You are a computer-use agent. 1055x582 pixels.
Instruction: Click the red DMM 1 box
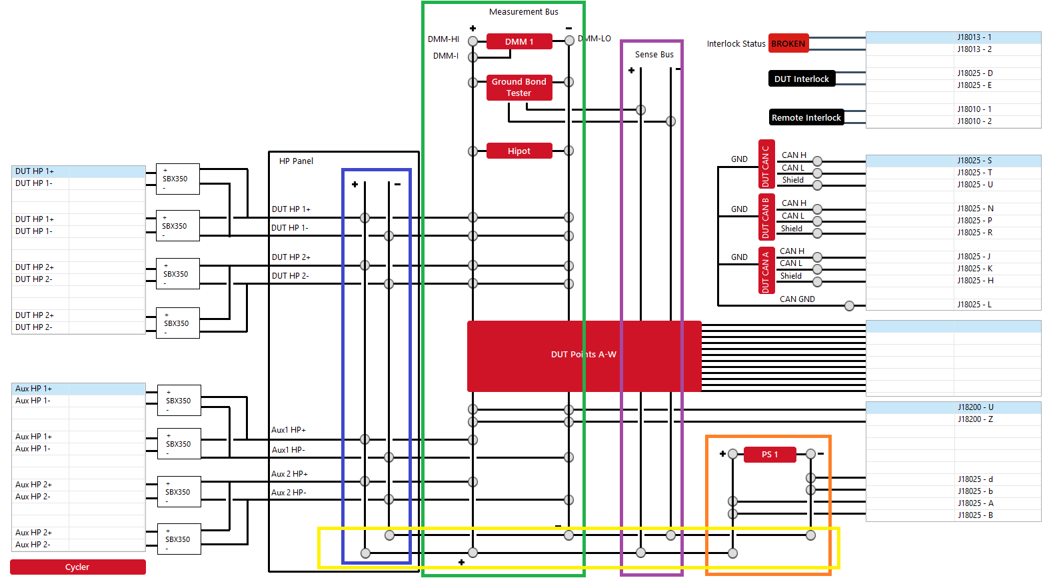(519, 41)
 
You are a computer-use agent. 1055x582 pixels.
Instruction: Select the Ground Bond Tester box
(519, 87)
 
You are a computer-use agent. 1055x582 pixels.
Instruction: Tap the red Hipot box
(519, 151)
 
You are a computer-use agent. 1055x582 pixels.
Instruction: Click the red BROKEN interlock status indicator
(788, 44)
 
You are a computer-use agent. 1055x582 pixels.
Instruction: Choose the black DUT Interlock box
(801, 79)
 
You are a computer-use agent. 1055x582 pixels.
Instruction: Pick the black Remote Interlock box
(806, 117)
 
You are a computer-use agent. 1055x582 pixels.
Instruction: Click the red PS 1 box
(770, 455)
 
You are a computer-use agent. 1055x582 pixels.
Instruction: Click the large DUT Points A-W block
(584, 355)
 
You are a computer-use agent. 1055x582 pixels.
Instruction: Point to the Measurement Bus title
(523, 12)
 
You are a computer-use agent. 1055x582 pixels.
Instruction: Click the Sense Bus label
(654, 55)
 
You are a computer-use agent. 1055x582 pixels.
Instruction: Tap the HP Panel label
(296, 161)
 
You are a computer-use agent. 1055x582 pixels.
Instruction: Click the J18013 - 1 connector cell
(974, 37)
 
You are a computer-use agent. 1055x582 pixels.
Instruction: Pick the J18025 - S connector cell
(974, 161)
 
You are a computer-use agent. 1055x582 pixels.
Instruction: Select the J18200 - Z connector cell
(975, 419)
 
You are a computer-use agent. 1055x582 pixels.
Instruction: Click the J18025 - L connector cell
(974, 305)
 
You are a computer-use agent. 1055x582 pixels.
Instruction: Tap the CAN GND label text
(797, 299)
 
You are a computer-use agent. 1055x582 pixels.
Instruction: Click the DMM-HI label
(443, 39)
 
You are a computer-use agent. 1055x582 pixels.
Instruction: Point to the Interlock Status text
(736, 44)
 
